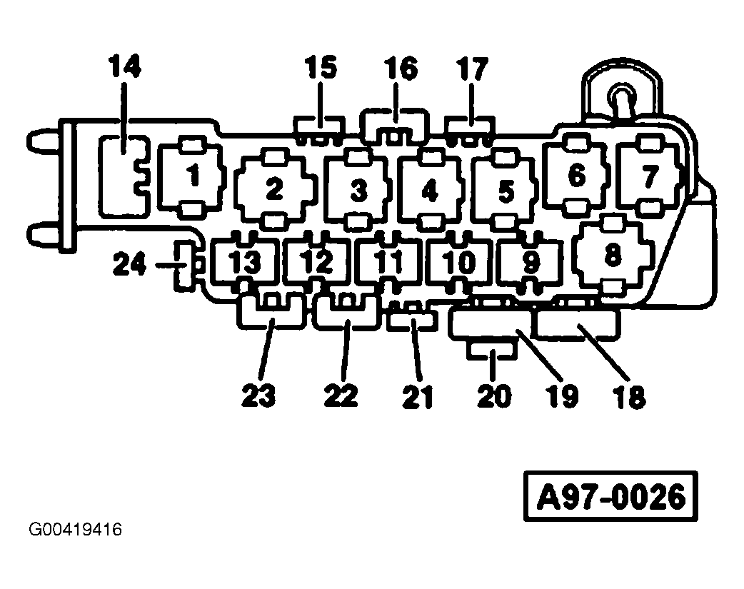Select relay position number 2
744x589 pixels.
[x=274, y=189]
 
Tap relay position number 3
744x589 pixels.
[x=358, y=191]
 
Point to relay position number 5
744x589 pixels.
[x=506, y=191]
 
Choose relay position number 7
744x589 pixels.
[x=649, y=176]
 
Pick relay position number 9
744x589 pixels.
[x=531, y=263]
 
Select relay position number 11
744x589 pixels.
[x=389, y=263]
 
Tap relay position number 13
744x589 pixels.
[x=245, y=263]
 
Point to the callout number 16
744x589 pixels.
[x=400, y=69]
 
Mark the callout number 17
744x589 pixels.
[x=471, y=69]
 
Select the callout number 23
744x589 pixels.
[x=258, y=395]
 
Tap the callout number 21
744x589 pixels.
[x=418, y=396]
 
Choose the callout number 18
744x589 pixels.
[x=629, y=396]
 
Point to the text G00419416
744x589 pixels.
[x=75, y=530]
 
